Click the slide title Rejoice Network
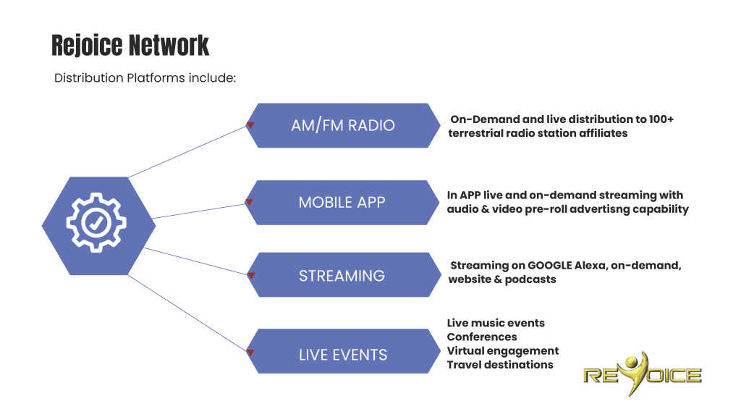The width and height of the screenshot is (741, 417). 130,46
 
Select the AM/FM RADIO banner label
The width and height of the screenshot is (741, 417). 343,125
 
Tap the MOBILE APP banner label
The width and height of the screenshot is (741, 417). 343,203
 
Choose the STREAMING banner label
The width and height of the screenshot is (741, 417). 342,276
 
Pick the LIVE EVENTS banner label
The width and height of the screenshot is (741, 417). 343,355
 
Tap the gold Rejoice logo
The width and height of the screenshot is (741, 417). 642,374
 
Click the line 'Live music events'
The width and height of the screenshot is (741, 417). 496,323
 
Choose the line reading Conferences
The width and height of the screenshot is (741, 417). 482,337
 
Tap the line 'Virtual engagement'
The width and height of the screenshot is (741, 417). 503,350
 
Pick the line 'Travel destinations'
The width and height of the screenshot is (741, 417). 500,364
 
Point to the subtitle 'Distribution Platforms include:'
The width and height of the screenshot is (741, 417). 145,78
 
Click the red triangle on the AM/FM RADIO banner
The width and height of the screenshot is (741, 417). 250,125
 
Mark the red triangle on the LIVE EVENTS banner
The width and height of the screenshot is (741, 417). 250,353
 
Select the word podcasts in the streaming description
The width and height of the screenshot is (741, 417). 531,279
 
